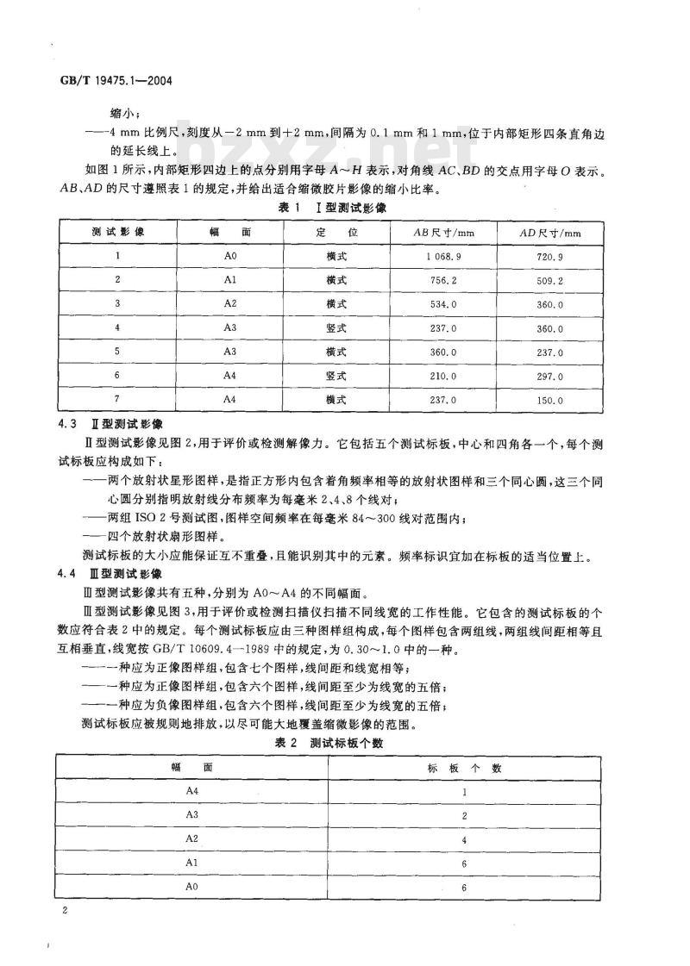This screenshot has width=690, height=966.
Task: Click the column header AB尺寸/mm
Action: tap(444, 233)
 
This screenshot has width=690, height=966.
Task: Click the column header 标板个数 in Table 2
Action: tap(464, 767)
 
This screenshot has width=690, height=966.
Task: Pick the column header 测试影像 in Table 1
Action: tap(117, 233)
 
